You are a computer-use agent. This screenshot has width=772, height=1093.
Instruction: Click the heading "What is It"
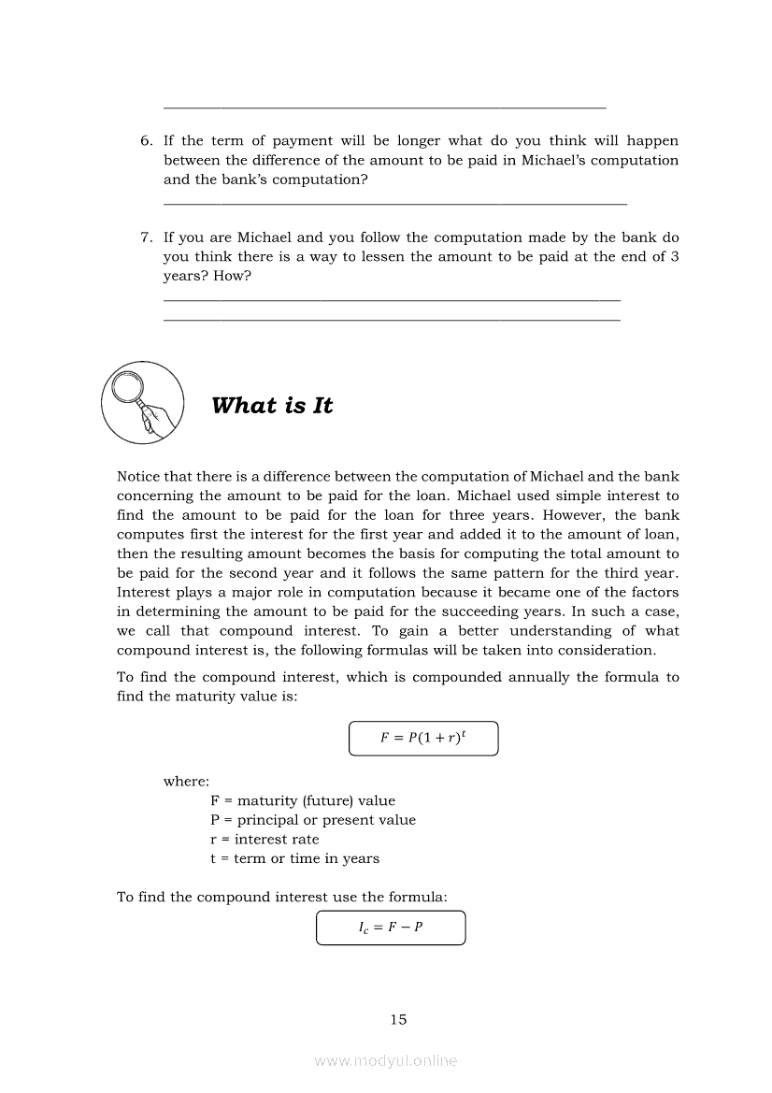pyautogui.click(x=272, y=406)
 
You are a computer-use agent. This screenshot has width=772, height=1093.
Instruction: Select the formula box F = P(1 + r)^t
pyautogui.click(x=423, y=738)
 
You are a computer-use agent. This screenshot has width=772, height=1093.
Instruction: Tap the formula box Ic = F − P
pyautogui.click(x=391, y=928)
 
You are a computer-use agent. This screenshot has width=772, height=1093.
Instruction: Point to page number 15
pyautogui.click(x=399, y=1019)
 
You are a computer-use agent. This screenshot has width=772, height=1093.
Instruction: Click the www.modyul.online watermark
pyautogui.click(x=386, y=1060)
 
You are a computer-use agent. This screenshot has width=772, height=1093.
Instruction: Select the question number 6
pyautogui.click(x=146, y=141)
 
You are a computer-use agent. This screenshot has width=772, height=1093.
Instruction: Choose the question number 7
pyautogui.click(x=146, y=237)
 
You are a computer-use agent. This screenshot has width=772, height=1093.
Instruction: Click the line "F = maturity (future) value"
pyautogui.click(x=303, y=800)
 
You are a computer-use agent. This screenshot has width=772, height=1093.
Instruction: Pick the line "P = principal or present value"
pyautogui.click(x=313, y=820)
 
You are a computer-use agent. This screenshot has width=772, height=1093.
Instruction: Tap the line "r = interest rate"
pyautogui.click(x=264, y=839)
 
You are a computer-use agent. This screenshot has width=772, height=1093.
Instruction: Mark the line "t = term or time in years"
pyautogui.click(x=294, y=858)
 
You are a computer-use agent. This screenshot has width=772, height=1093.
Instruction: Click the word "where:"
pyautogui.click(x=186, y=782)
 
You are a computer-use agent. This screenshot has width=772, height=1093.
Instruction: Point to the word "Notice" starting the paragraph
pyautogui.click(x=138, y=477)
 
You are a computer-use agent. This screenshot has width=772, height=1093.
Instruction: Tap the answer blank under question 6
pyautogui.click(x=394, y=203)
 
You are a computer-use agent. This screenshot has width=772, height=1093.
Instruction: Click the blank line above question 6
pyautogui.click(x=384, y=108)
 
